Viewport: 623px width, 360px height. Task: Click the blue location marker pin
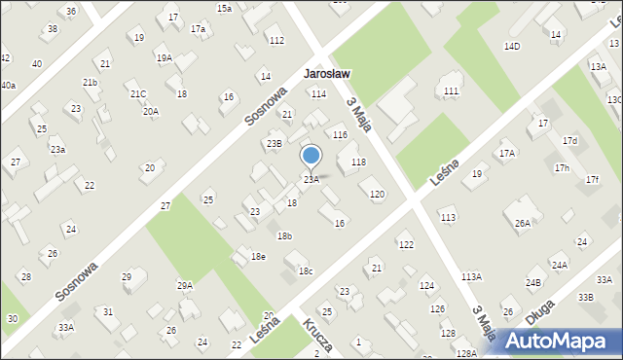311,157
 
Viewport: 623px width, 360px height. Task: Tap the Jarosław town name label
327,74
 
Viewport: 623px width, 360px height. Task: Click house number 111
451,90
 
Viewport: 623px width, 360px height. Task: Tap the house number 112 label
276,40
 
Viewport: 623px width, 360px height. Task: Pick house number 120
377,195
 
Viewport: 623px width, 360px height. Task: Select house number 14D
512,46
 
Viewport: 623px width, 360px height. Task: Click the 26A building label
523,224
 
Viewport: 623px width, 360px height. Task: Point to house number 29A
184,285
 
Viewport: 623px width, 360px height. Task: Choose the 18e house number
258,256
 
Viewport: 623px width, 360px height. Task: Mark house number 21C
138,94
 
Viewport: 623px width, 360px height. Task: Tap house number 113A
471,277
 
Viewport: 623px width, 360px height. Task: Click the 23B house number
275,144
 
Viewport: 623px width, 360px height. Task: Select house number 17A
507,154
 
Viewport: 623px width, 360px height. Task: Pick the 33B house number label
585,297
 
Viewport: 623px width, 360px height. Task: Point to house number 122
406,244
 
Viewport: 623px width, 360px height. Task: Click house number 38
53,29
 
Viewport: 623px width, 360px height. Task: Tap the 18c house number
306,271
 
